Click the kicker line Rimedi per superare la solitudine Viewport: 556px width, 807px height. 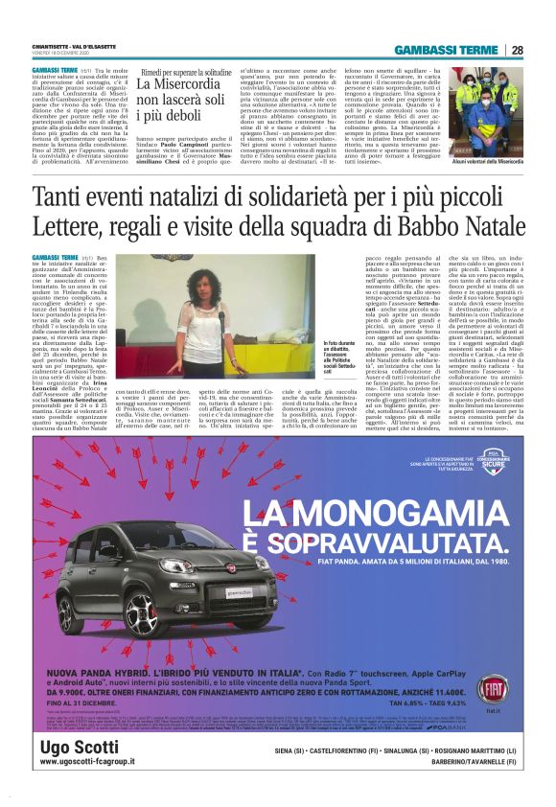(x=186, y=73)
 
